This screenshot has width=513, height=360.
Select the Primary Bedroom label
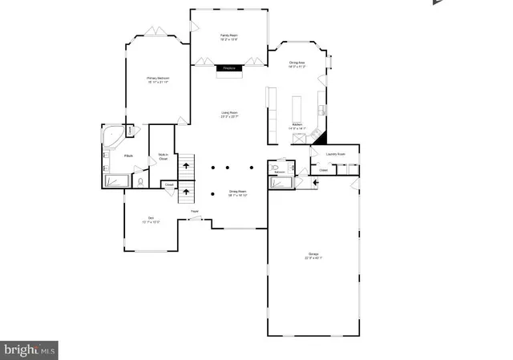157,79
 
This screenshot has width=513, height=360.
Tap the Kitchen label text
297,127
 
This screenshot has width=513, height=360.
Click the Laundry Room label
336,153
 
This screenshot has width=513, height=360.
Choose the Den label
150,219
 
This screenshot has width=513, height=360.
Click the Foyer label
194,211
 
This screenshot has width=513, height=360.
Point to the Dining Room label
238,193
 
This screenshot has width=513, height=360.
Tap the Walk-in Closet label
163,158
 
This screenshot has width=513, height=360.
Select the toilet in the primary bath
141,182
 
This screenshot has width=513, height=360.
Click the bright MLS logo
29,350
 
